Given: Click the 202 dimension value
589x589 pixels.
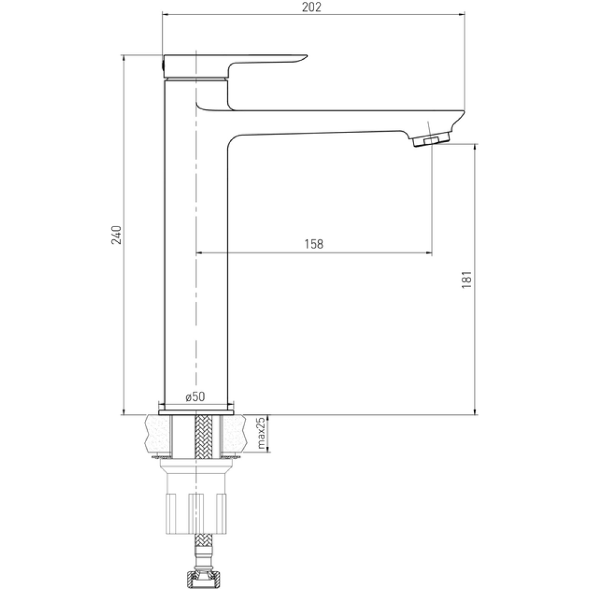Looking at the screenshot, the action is pos(311,7).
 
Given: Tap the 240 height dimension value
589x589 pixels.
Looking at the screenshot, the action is pos(116,235).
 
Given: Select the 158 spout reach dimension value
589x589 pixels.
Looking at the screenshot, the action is pos(313,244).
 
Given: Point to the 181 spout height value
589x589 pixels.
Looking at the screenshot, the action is pos(466,280).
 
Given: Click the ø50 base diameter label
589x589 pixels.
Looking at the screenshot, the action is pos(196,397).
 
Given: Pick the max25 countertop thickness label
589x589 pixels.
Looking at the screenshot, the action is pos(261,434).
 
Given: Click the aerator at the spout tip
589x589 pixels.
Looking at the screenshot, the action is pos(431,139).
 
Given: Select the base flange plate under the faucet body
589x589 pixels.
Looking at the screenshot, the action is pos(196,412).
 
